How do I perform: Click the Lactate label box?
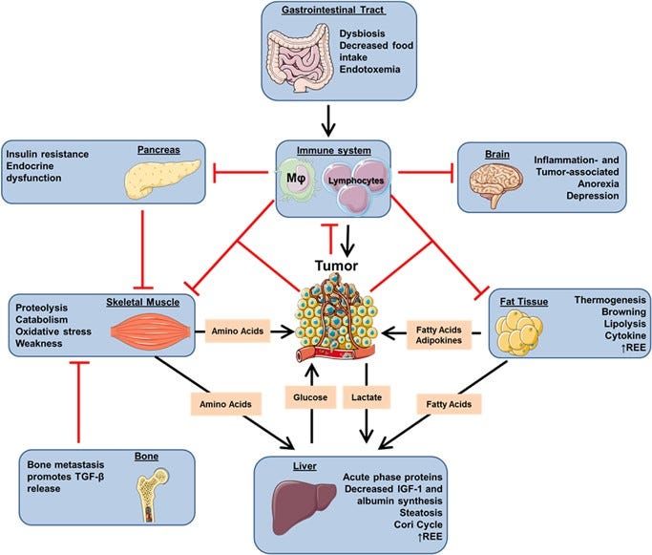click(366, 395)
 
